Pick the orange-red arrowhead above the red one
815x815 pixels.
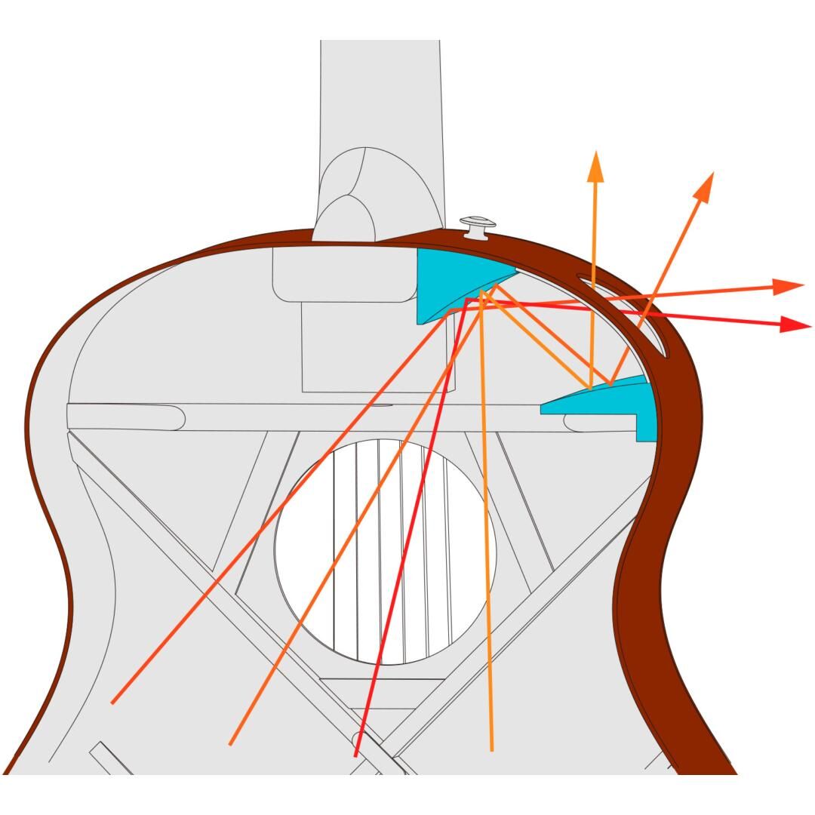click(x=789, y=287)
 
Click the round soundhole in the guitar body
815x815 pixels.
click(x=385, y=551)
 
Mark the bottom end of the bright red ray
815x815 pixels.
click(x=355, y=755)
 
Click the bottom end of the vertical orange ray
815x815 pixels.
click(x=492, y=749)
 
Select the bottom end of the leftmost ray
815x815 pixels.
click(x=113, y=703)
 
